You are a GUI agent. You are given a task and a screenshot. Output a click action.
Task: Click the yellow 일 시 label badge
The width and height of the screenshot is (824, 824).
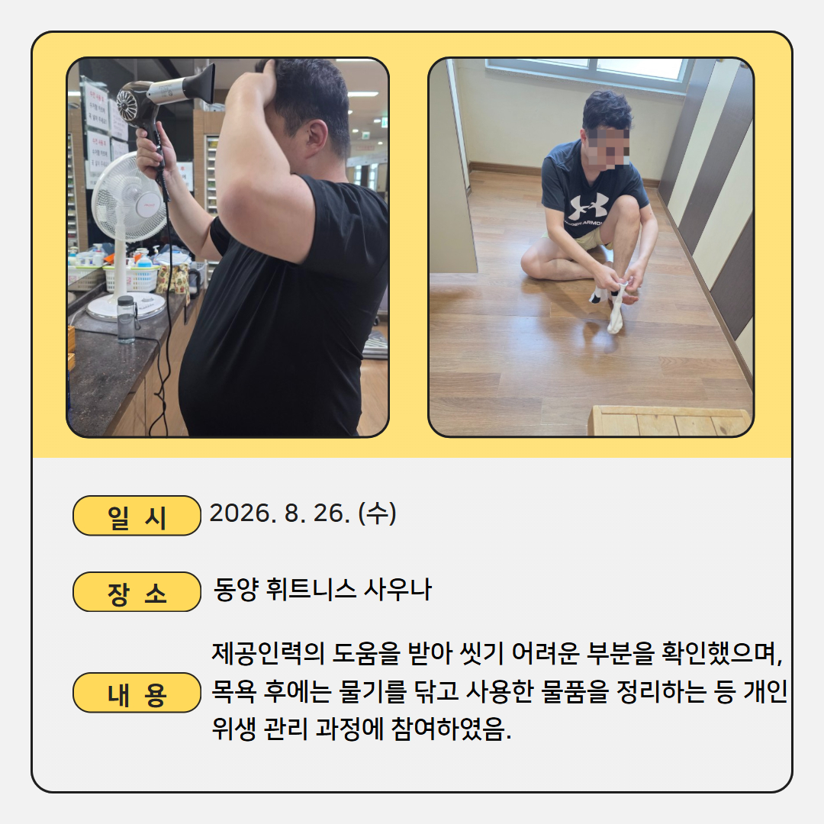137,516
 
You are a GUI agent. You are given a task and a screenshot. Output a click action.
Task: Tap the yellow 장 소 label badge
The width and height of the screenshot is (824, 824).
137,592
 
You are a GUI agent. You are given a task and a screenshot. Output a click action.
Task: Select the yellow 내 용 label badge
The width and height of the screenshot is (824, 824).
137,693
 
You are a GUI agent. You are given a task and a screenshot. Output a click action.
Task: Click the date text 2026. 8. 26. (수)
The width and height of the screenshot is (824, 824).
303,513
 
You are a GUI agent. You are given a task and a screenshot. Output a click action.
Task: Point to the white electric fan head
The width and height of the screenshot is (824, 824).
127,197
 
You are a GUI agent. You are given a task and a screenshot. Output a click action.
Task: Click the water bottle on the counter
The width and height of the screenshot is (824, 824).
126,319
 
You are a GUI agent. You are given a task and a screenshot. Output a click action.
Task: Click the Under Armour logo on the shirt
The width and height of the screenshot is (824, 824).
588,207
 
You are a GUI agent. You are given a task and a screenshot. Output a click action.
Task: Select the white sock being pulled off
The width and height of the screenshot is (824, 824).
616,308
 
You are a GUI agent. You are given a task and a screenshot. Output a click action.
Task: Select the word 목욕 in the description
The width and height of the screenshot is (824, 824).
234,691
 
